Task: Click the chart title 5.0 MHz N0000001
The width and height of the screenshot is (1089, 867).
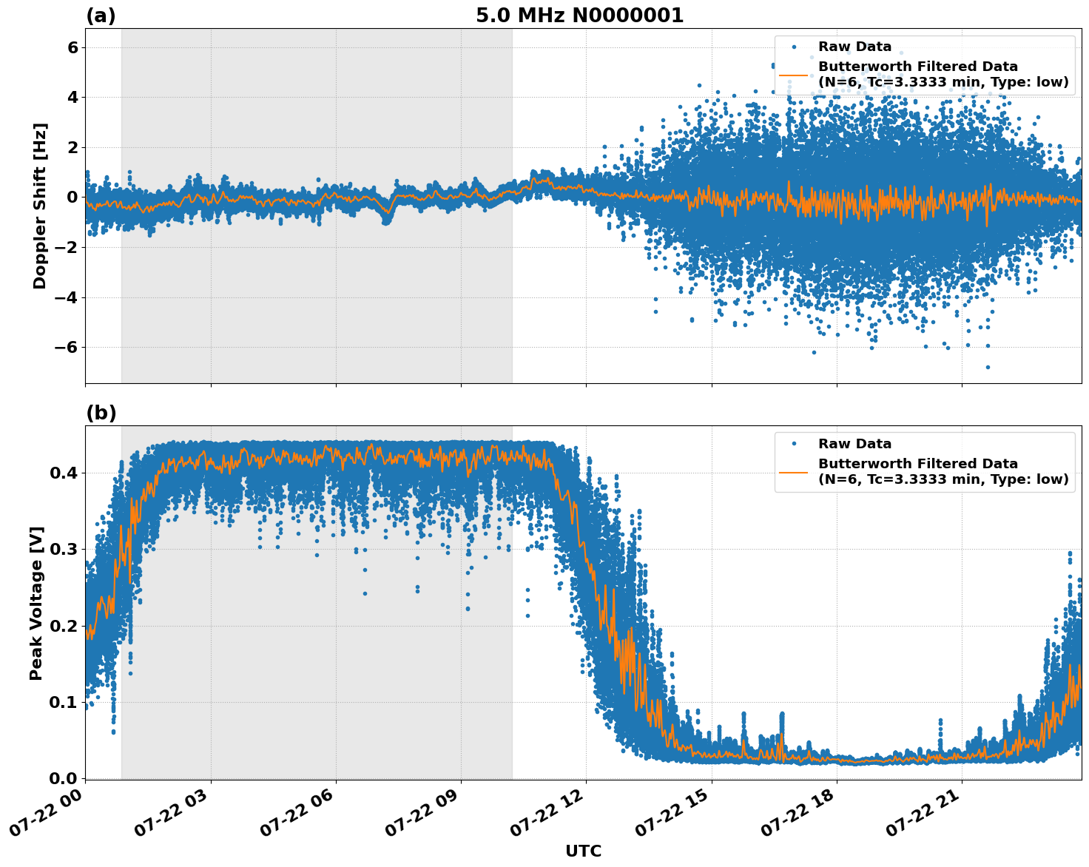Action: pyautogui.click(x=579, y=16)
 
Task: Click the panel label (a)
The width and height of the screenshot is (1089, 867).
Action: pyautogui.click(x=101, y=16)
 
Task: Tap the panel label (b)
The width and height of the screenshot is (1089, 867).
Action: pyautogui.click(x=101, y=413)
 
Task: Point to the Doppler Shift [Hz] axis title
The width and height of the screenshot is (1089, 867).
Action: pyautogui.click(x=40, y=206)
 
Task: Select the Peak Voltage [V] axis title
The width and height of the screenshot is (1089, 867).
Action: pyautogui.click(x=36, y=603)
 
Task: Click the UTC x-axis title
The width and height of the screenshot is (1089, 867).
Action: pyautogui.click(x=583, y=851)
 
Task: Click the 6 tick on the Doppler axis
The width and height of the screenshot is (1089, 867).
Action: pyautogui.click(x=73, y=47)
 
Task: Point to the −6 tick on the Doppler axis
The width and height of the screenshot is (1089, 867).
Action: pyautogui.click(x=68, y=347)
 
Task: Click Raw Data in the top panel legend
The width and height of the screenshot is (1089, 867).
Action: pyautogui.click(x=854, y=47)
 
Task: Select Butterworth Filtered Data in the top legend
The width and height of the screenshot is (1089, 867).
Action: pyautogui.click(x=917, y=67)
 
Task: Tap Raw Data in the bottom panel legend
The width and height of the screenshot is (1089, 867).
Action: pyautogui.click(x=854, y=444)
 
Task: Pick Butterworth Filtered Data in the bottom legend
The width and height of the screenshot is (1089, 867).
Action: pyautogui.click(x=917, y=464)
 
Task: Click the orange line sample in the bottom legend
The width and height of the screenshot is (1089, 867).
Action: pyautogui.click(x=794, y=472)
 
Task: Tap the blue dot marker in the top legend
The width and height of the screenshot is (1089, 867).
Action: pyautogui.click(x=794, y=47)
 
